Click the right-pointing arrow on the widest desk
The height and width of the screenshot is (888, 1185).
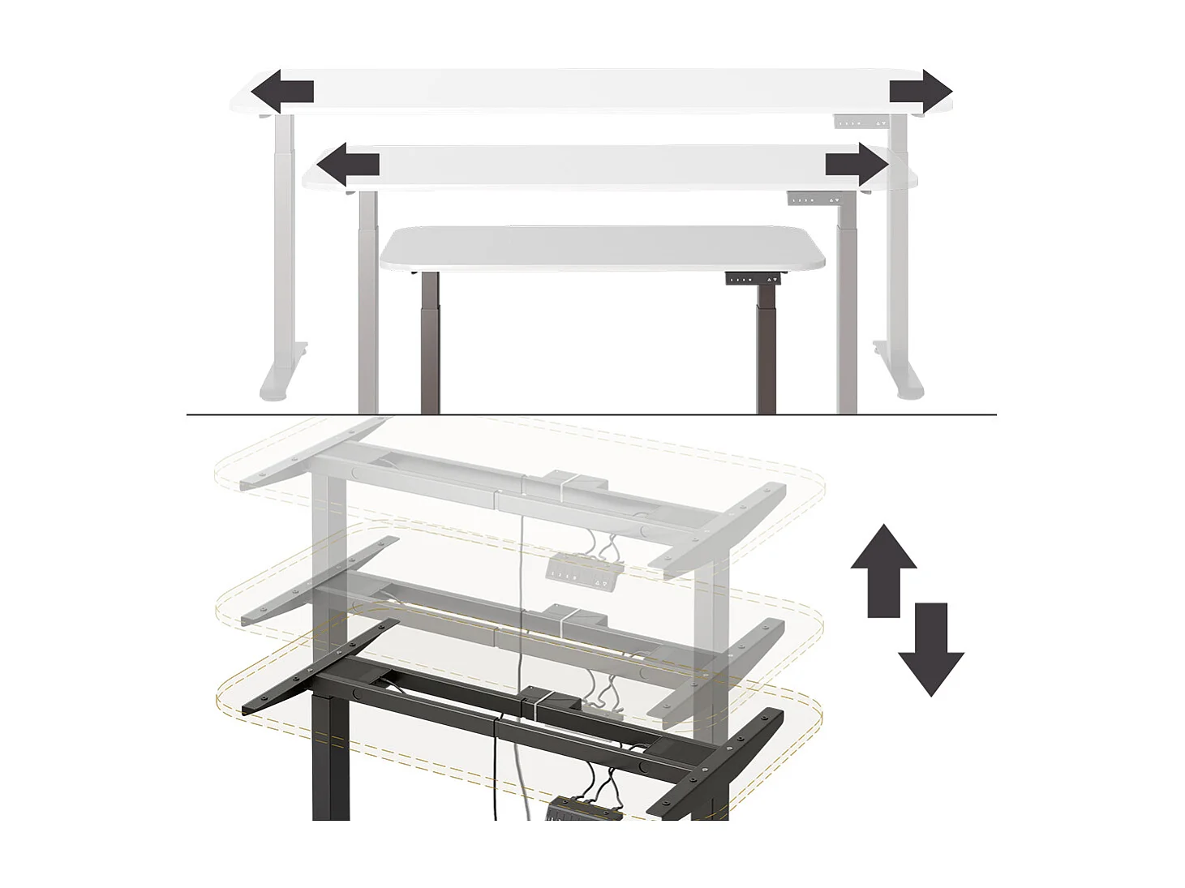(x=921, y=92)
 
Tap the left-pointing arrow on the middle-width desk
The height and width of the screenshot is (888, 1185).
(x=347, y=165)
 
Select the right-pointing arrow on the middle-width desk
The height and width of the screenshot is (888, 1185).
(x=857, y=165)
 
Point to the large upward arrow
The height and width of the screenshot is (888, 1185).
(x=883, y=569)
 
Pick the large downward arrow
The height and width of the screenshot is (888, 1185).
(x=931, y=649)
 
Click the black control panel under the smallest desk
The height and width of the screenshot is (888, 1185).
(x=755, y=279)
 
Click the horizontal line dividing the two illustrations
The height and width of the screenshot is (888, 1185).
(x=592, y=415)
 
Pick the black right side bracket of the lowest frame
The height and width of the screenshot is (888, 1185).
(x=715, y=762)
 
